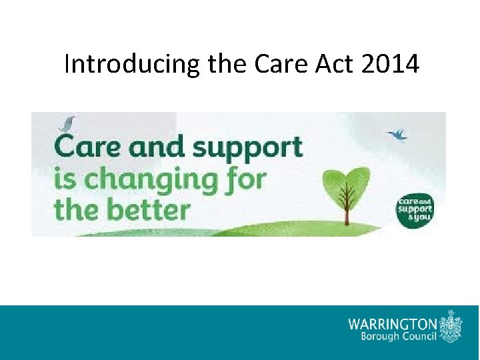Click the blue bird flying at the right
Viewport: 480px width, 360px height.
coord(399,135)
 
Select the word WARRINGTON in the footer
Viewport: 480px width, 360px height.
coord(393,323)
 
